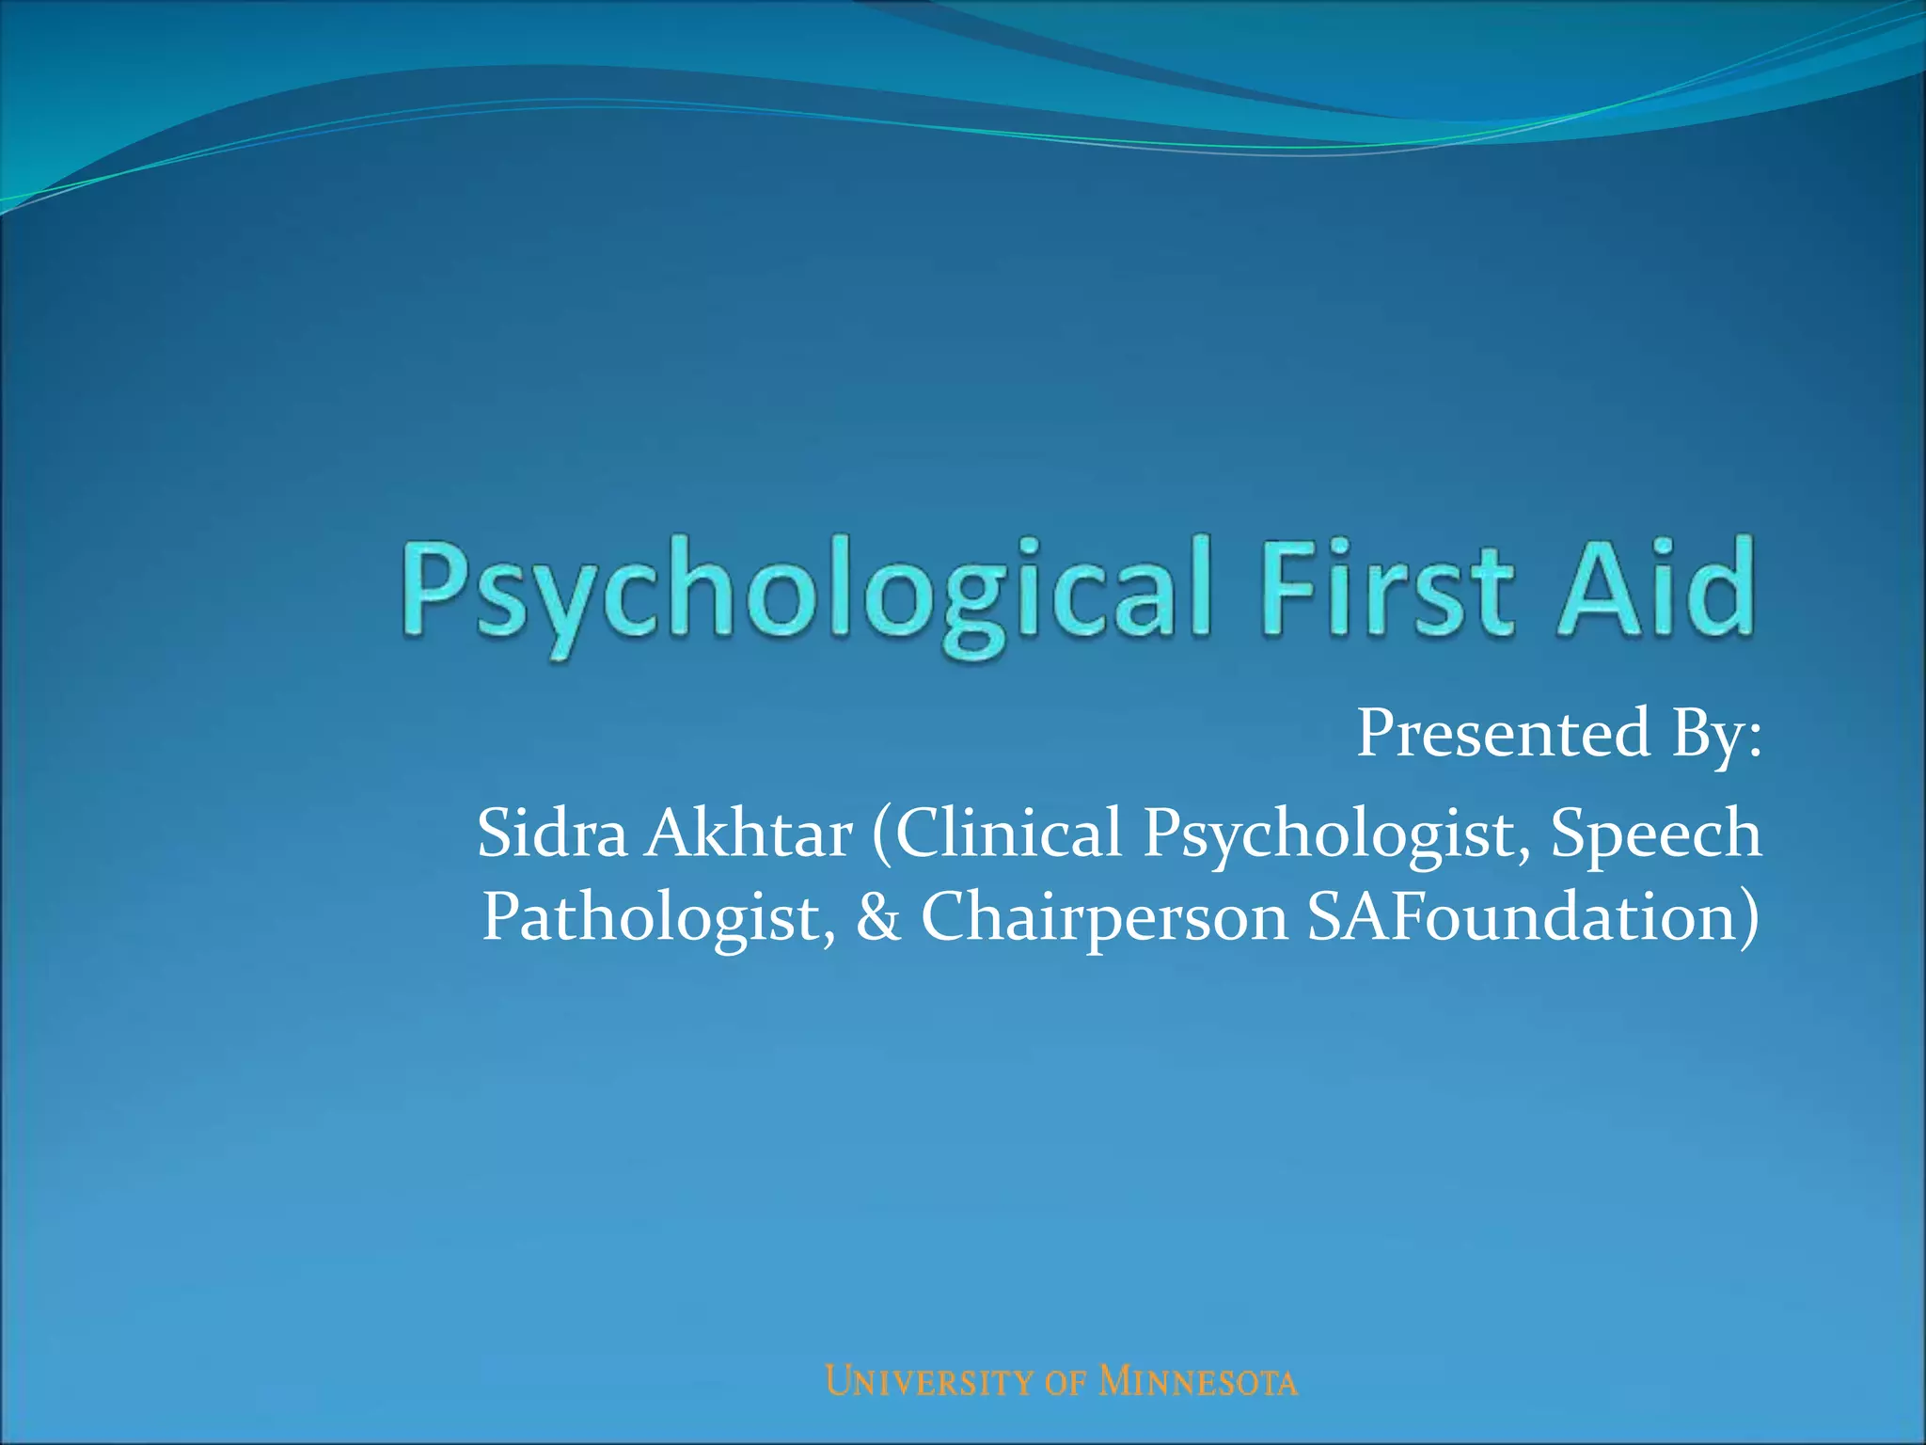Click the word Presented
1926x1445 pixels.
[x=1503, y=734]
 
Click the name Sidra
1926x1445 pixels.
[x=552, y=834]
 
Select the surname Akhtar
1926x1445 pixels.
[x=749, y=834]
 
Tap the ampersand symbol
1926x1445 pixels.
[x=878, y=918]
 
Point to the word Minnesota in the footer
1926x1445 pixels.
[x=1198, y=1382]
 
